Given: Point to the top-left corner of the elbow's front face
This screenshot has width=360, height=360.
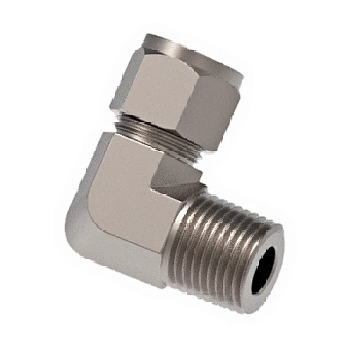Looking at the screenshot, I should coord(108,136).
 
